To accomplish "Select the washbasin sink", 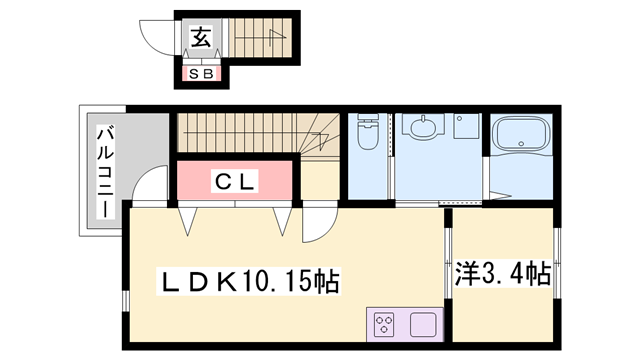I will pos(423,128).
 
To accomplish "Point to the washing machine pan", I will pos(465,129).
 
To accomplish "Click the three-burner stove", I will pos(385,324).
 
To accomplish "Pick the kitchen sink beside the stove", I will pos(421,324).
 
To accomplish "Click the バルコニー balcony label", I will pos(103,170).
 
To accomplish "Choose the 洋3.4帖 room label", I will pos(502,271).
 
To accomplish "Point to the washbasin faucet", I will pos(423,119).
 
